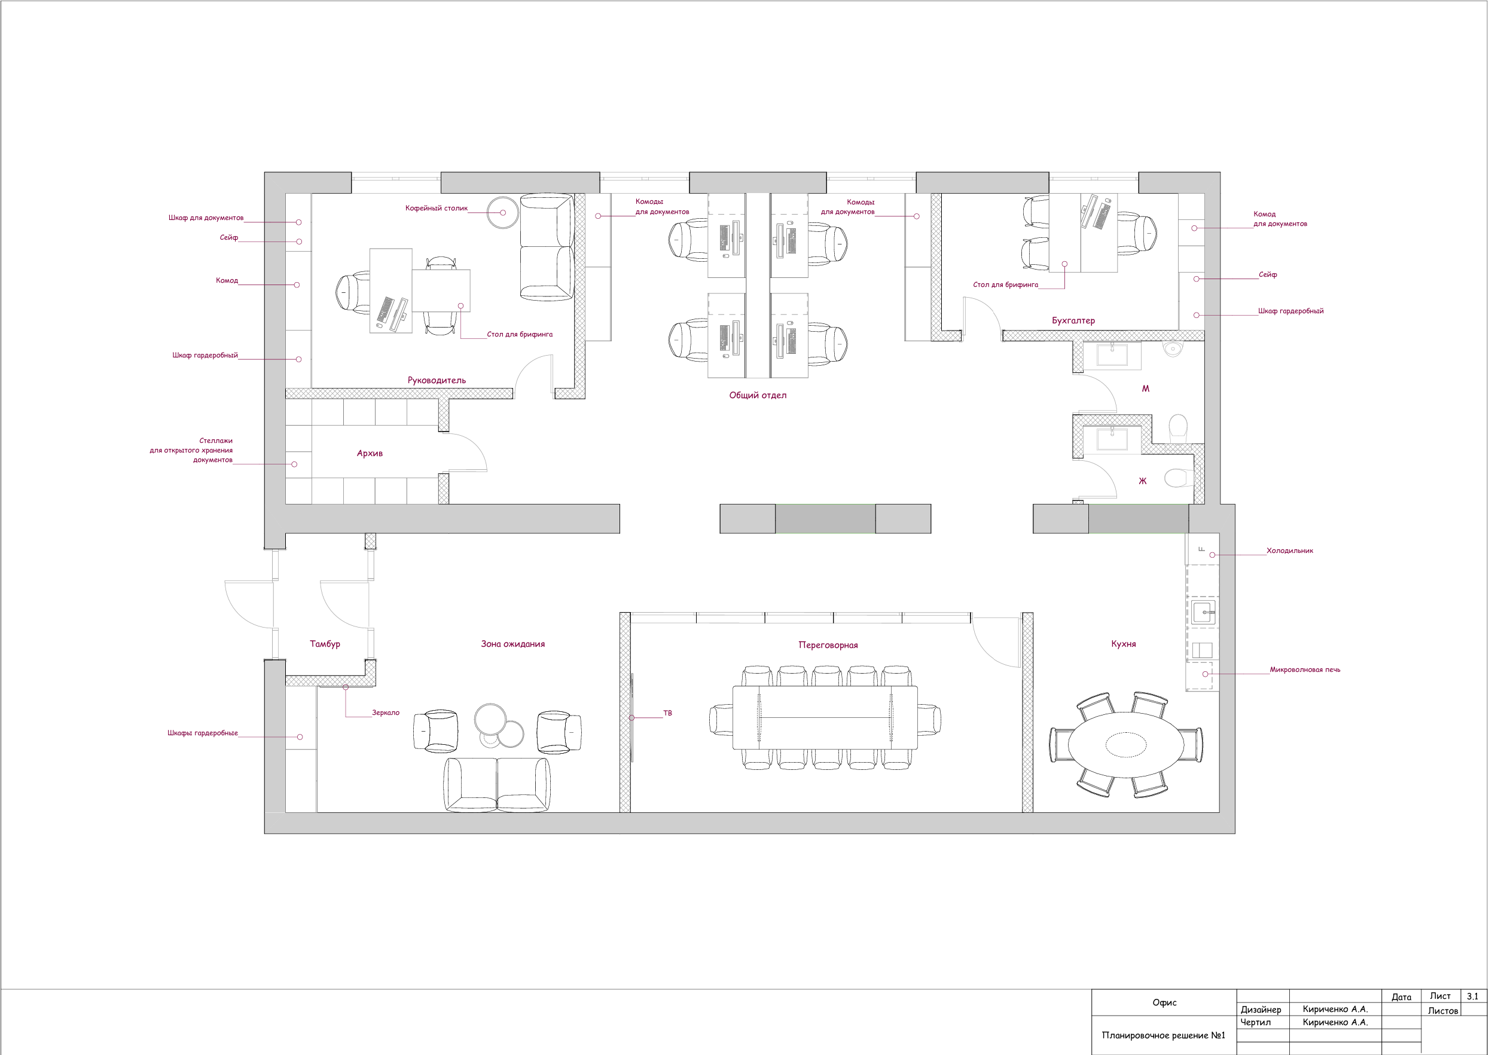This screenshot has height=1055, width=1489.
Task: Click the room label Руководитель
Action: point(436,380)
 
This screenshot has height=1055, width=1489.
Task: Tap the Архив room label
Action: point(370,453)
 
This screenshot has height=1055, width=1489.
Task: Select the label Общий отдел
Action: point(757,395)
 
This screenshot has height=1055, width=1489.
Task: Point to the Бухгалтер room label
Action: point(1073,320)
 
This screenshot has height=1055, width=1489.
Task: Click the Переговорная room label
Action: point(828,645)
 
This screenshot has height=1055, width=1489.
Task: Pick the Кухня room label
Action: point(1124,644)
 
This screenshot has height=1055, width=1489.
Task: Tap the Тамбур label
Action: point(325,644)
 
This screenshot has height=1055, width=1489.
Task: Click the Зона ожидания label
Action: point(513,644)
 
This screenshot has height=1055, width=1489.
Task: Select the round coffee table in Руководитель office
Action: point(502,212)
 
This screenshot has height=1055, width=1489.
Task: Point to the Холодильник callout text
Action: point(1289,551)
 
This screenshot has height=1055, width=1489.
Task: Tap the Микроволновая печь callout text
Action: point(1304,669)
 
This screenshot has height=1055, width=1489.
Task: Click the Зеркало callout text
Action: point(386,712)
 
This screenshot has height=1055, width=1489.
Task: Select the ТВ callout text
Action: point(667,712)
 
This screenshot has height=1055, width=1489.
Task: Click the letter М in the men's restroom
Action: point(1145,389)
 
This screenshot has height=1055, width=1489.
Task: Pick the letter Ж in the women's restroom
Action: point(1143,481)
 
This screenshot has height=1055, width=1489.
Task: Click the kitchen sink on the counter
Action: point(1203,612)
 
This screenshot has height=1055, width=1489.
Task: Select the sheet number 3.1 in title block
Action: point(1472,996)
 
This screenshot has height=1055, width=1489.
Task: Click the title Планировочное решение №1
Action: point(1163,1035)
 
